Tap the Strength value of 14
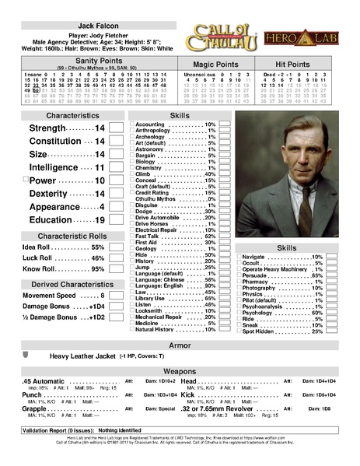(x=100, y=128)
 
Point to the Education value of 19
(x=100, y=220)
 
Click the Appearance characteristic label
(x=56, y=207)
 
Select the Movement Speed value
(x=101, y=296)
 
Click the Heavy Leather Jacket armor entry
(x=83, y=356)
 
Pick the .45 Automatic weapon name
(x=44, y=381)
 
